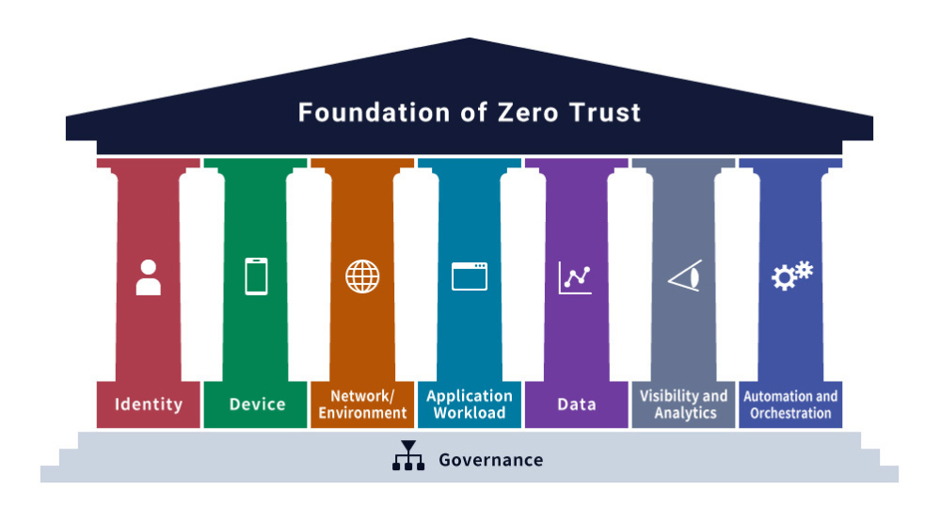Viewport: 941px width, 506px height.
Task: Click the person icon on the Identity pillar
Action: [148, 277]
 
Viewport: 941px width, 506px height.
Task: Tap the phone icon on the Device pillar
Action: [256, 277]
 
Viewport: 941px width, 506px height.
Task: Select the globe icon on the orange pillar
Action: [362, 277]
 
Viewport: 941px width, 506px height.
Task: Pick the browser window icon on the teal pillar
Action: [470, 277]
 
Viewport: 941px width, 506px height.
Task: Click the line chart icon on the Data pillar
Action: [575, 277]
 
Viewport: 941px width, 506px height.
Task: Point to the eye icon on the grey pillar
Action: [684, 277]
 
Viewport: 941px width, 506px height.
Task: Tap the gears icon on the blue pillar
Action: [791, 276]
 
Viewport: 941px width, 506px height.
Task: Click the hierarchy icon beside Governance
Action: [407, 457]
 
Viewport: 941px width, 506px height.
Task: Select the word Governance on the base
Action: [490, 460]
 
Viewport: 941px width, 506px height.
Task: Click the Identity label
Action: [149, 404]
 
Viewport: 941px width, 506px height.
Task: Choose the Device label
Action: [257, 404]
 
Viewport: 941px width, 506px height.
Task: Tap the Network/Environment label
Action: [362, 404]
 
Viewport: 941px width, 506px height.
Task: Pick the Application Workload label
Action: [470, 404]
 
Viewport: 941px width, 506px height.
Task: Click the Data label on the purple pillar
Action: [576, 404]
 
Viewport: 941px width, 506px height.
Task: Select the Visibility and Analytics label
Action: [684, 404]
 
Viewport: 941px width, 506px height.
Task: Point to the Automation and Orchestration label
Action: [790, 404]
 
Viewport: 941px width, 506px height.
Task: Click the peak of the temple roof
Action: [470, 40]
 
